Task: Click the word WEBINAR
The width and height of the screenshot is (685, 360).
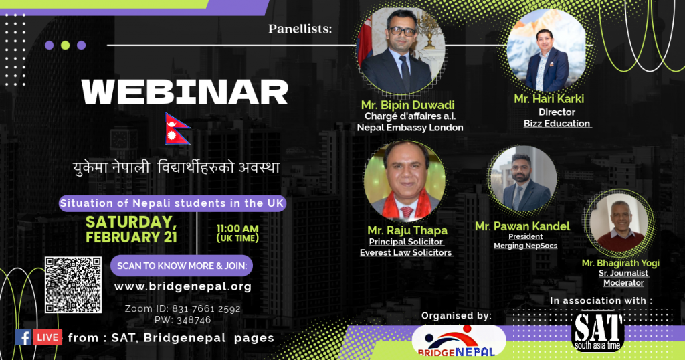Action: pos(185,92)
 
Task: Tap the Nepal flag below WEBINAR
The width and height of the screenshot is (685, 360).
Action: pos(177,129)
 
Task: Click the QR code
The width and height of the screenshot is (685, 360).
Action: pos(73,285)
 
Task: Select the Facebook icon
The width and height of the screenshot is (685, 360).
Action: pos(23,337)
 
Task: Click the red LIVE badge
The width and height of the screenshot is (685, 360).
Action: pos(47,337)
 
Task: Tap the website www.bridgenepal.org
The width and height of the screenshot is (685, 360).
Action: pos(183,286)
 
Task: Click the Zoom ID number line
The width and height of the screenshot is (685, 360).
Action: pos(183,309)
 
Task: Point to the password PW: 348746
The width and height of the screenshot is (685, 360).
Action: pos(183,320)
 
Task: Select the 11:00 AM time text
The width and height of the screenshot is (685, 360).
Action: pos(237,228)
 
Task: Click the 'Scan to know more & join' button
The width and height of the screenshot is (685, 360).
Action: pos(182,266)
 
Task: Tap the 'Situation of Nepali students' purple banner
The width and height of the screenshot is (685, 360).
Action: pos(173,203)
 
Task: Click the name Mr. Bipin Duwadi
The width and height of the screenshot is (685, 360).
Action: pos(407,105)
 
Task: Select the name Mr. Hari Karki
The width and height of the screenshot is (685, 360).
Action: pos(549,99)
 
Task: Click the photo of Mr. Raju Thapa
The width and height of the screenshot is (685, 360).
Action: pos(405,181)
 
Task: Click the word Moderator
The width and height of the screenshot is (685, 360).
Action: pos(623,283)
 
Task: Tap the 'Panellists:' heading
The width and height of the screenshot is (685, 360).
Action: pos(300,29)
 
